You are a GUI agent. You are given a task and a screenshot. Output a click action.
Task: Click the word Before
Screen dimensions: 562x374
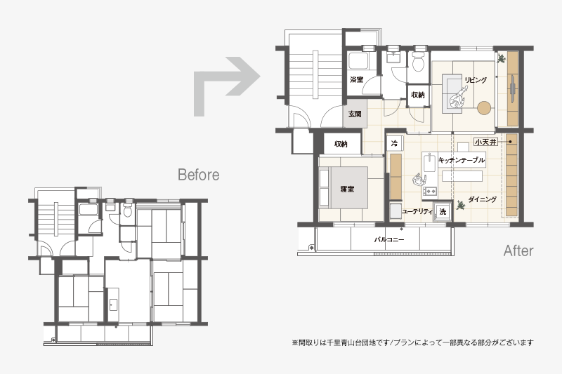click(x=199, y=175)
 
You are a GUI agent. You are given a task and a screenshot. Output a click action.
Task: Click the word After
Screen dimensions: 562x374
click(x=518, y=251)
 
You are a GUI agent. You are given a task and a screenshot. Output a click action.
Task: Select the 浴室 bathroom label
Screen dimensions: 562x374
click(x=357, y=79)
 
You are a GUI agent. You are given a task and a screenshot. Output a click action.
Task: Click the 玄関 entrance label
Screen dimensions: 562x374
click(x=355, y=114)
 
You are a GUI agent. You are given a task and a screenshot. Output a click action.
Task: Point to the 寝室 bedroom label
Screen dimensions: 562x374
click(x=347, y=189)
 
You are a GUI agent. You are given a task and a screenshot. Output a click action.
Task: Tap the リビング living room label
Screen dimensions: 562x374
click(x=476, y=80)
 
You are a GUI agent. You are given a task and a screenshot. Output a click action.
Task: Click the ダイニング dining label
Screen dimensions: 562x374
click(x=483, y=199)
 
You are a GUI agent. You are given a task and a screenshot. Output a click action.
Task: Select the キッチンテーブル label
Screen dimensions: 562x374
click(x=462, y=160)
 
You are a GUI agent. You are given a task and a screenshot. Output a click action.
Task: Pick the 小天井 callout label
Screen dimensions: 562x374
click(x=485, y=142)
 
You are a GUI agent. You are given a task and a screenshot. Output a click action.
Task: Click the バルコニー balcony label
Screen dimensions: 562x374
click(x=389, y=239)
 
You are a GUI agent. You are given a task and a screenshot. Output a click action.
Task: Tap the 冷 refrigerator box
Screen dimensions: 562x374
click(x=394, y=144)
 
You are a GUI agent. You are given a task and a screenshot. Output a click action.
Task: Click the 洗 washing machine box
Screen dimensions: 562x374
click(x=443, y=212)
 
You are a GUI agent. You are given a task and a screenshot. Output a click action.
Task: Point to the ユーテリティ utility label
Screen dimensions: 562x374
click(x=417, y=211)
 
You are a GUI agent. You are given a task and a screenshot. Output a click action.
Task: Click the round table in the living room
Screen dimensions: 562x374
click(x=484, y=108)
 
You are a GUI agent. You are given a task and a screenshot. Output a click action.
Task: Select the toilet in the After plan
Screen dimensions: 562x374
click(x=418, y=62)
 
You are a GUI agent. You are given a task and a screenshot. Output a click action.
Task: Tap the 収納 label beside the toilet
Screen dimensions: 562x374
click(x=418, y=95)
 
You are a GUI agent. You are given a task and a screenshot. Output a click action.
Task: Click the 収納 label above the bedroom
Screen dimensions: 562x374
click(x=341, y=144)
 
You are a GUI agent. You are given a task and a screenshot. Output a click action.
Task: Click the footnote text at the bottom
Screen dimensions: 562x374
click(x=412, y=342)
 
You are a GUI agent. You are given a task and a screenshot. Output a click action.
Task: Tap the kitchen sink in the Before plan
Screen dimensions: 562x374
click(x=113, y=305)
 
